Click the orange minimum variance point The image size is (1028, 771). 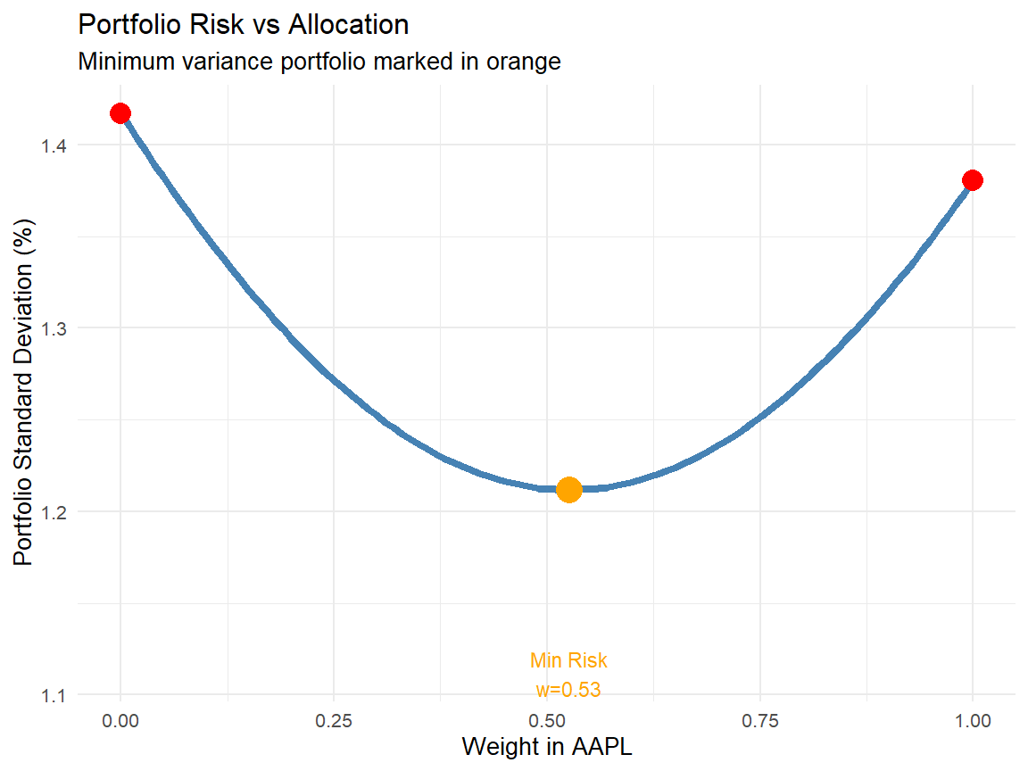coord(569,489)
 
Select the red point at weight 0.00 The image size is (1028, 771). coord(120,113)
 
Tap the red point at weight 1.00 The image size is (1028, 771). coord(973,180)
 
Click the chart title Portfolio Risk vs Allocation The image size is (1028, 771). coord(244,25)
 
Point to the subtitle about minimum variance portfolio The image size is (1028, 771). coord(319,62)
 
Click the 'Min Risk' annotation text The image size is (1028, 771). coord(568,661)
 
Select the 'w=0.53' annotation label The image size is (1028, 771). coord(568,690)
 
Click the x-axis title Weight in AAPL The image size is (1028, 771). coord(546,747)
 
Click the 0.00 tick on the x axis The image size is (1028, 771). coord(120,720)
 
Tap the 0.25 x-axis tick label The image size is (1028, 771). coord(334,720)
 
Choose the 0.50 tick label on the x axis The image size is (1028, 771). coord(546,720)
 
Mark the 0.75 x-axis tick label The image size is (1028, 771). coord(759,720)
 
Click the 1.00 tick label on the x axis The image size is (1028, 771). coord(973,720)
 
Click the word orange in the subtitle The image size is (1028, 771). coord(526,63)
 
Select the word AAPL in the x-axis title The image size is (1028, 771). coord(603,747)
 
